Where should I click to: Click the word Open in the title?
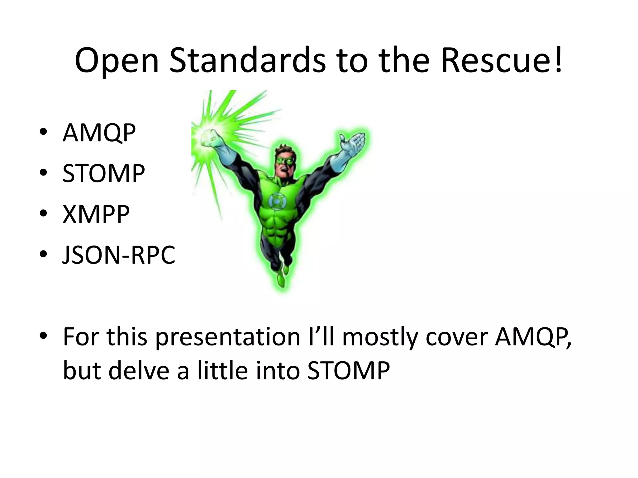tap(117, 61)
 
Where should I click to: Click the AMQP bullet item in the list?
tap(99, 133)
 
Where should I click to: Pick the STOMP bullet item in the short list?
tap(103, 173)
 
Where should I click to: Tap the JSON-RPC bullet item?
tap(119, 255)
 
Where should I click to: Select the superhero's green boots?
tap(284, 274)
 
